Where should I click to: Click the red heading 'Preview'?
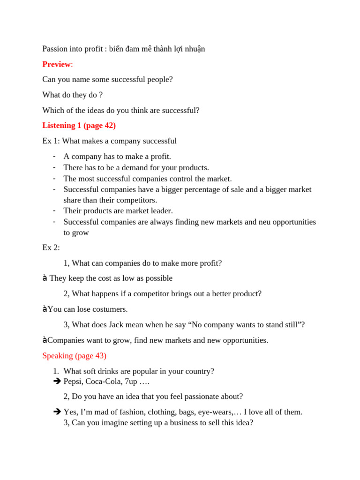click(x=56, y=64)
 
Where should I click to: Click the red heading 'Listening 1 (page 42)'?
click(x=79, y=126)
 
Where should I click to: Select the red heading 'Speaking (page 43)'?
click(x=74, y=356)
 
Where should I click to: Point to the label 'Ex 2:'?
click(x=51, y=248)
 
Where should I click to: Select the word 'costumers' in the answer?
click(x=111, y=309)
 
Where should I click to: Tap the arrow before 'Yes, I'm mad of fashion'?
click(x=58, y=412)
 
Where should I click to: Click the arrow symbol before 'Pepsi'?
click(x=58, y=382)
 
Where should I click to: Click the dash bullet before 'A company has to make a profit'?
click(x=55, y=156)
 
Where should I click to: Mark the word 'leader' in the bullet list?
click(x=162, y=211)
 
